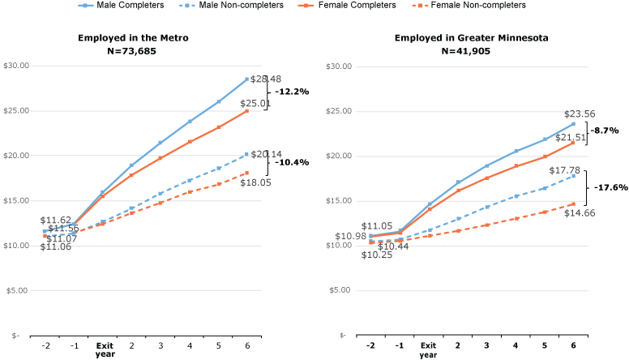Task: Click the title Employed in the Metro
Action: click(x=134, y=38)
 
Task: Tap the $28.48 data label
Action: click(x=265, y=79)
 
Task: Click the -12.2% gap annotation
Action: click(x=291, y=92)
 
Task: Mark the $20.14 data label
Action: click(x=265, y=154)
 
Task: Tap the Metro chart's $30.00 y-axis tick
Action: click(x=17, y=66)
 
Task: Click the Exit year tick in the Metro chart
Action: click(x=105, y=349)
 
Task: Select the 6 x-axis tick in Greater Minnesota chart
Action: click(x=573, y=345)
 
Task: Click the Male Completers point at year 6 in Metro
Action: click(x=246, y=79)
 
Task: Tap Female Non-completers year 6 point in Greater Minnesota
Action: click(x=573, y=204)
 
